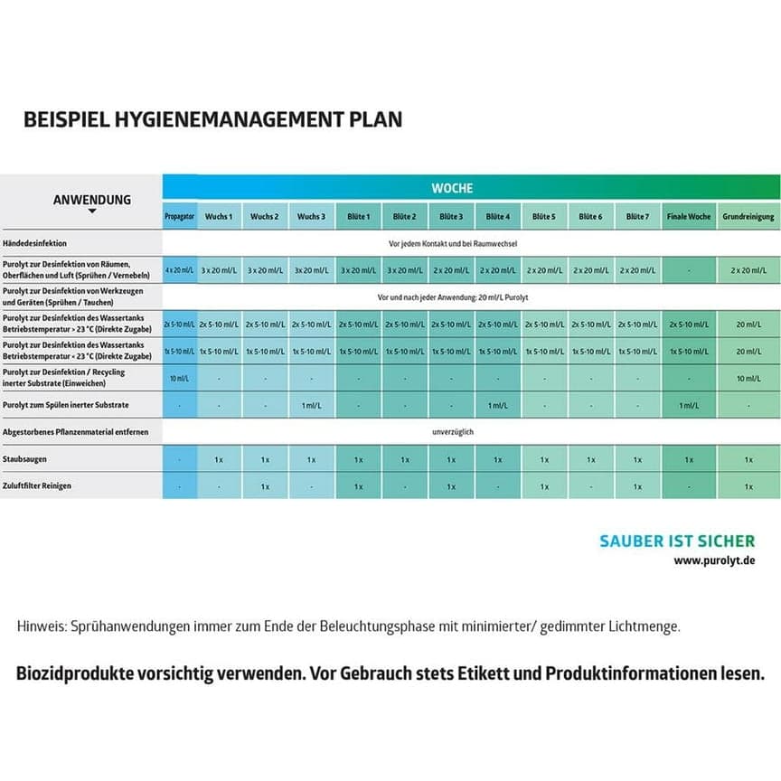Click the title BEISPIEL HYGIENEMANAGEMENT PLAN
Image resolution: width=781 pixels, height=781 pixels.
coord(212,119)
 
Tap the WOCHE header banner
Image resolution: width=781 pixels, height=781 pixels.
coord(451,188)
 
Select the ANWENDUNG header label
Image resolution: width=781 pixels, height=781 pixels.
coord(91,200)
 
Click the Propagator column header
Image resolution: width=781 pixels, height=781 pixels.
coord(179,217)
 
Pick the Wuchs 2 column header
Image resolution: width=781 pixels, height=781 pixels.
coord(264,217)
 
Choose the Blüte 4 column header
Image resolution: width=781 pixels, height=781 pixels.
coord(497,217)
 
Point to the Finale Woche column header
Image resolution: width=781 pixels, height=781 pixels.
coord(689,217)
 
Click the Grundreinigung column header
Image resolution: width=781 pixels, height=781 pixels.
coord(748,217)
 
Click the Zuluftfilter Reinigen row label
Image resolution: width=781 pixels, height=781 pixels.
coord(37,485)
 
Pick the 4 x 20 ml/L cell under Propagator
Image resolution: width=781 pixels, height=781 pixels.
coord(179,270)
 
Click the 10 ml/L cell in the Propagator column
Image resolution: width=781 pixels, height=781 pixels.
coord(179,378)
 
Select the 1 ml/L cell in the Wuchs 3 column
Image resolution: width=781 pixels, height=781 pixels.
coord(311,405)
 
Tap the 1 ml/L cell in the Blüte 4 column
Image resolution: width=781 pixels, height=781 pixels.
coord(497,405)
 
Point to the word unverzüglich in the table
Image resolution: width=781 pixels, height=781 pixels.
coord(453,432)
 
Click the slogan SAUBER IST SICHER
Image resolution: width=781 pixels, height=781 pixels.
coord(676,541)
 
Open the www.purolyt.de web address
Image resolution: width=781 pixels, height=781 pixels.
coord(714,560)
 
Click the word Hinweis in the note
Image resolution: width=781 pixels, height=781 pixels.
coord(41,626)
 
